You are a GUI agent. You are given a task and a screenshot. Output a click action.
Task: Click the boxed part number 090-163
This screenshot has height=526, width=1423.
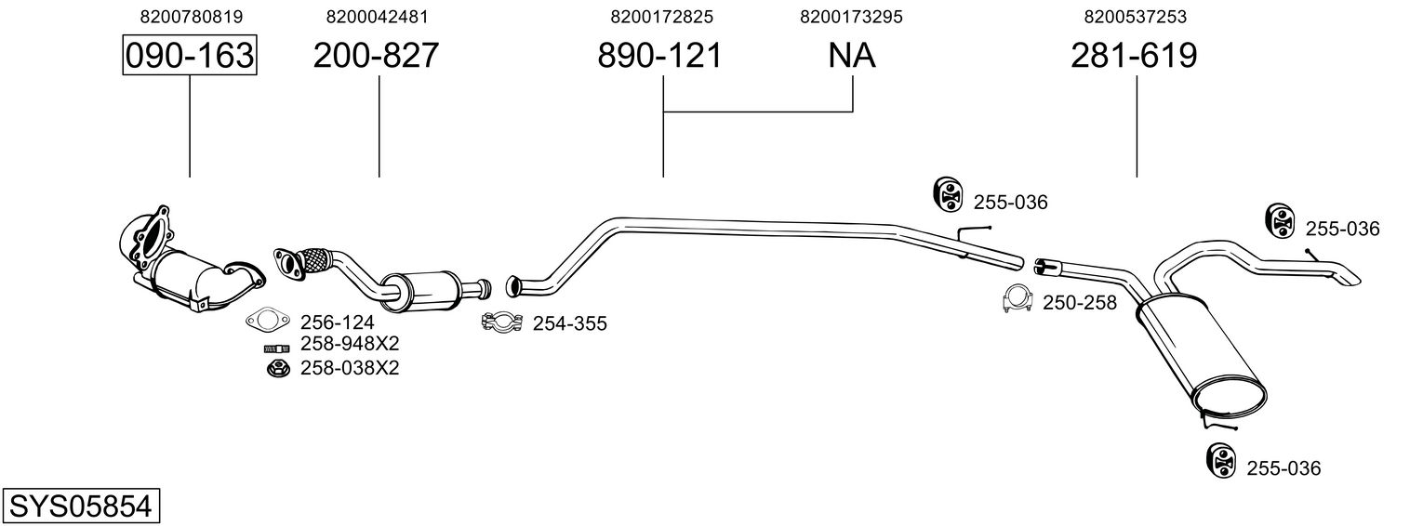[190, 55]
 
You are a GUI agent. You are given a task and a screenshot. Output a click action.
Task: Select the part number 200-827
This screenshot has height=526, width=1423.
[376, 55]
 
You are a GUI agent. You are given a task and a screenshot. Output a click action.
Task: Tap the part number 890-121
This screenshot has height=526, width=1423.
[660, 55]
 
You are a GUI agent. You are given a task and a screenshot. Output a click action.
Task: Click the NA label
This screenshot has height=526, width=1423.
[852, 55]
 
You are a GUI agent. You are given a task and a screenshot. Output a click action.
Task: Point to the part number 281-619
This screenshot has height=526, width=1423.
[1134, 55]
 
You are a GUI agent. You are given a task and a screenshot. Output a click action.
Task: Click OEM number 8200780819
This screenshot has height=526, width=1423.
[192, 17]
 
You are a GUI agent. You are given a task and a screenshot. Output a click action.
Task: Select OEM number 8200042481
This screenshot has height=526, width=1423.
[378, 17]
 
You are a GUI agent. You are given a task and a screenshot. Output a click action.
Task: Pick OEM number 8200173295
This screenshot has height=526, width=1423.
[851, 17]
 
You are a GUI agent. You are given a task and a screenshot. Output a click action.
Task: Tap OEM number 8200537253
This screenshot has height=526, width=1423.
[1136, 17]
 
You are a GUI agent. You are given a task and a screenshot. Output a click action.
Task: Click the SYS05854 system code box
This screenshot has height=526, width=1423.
[81, 506]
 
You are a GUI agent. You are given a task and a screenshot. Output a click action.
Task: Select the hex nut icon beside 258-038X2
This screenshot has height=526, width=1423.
[278, 367]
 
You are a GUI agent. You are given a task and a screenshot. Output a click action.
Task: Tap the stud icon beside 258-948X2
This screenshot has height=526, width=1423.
[276, 348]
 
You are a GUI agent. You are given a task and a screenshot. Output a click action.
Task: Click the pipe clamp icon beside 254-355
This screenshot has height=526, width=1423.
[502, 322]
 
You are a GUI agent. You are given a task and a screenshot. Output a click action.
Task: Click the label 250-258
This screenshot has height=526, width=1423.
[1079, 303]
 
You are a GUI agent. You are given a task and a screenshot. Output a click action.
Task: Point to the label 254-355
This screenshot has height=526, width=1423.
[570, 323]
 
